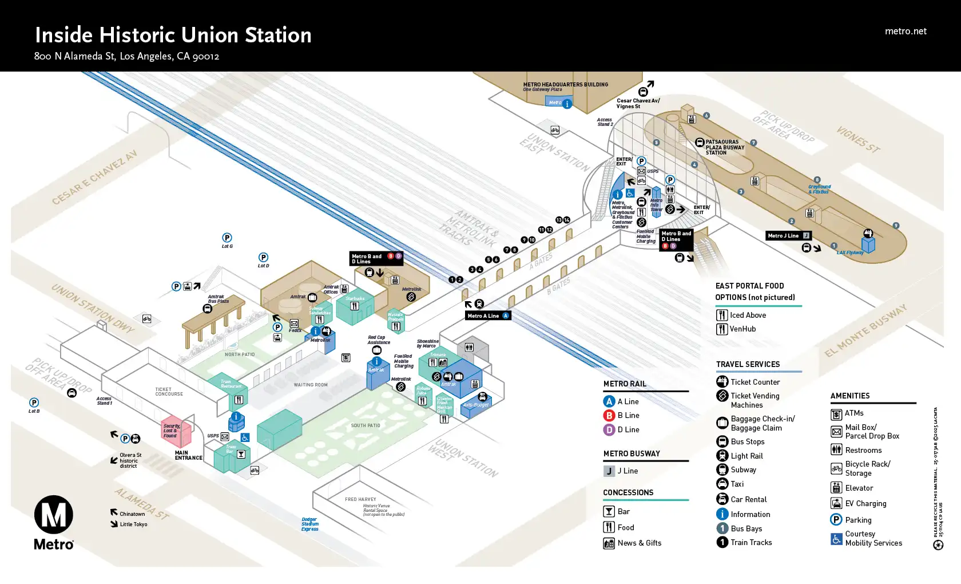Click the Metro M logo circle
[54, 515]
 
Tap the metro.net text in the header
[906, 31]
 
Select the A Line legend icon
[609, 401]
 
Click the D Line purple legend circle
[609, 429]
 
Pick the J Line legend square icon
[609, 471]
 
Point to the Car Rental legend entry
[748, 499]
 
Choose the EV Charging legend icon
[836, 503]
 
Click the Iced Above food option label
[748, 315]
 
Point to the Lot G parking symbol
[227, 238]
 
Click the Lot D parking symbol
[263, 258]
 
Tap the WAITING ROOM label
[311, 385]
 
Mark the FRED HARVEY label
[360, 499]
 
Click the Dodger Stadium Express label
[310, 524]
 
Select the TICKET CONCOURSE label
[169, 392]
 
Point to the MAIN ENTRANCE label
[188, 455]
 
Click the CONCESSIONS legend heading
[628, 492]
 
